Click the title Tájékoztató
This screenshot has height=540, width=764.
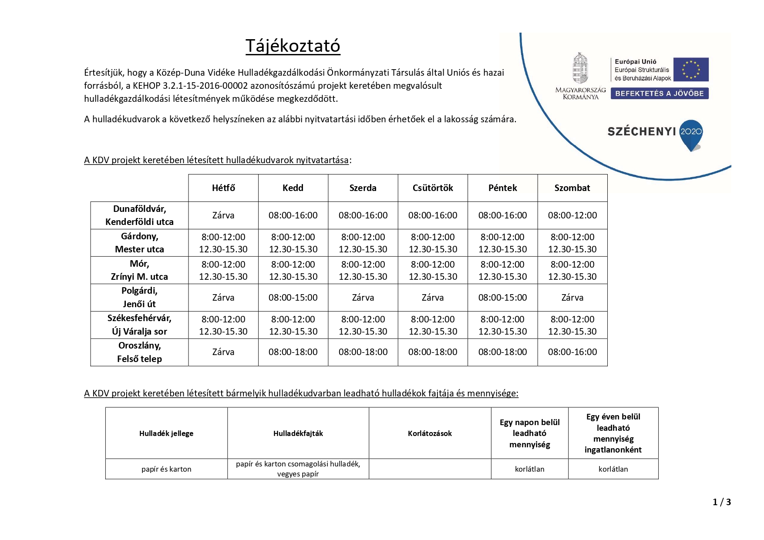[x=293, y=46]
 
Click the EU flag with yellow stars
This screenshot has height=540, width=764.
[x=690, y=70]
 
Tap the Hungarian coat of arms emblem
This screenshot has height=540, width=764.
[x=580, y=68]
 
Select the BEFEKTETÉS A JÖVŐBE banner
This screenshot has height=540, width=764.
[x=659, y=94]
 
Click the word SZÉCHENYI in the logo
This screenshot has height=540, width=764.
[x=641, y=131]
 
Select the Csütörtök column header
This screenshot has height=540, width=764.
[x=433, y=188]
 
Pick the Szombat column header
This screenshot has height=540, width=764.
[x=572, y=188]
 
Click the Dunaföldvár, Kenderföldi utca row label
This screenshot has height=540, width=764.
[x=139, y=215]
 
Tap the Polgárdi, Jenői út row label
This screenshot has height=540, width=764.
[x=139, y=297]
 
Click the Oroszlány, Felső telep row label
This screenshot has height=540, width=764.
[x=139, y=352]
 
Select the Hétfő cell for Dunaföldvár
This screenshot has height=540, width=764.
[x=223, y=215]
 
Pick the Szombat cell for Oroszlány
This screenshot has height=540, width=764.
[x=572, y=352]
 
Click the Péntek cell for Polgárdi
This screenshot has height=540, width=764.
[x=502, y=298]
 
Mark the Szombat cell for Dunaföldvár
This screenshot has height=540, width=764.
[x=572, y=215]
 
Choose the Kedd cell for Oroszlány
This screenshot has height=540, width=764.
[x=293, y=352]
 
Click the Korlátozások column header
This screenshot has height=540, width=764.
[x=430, y=433]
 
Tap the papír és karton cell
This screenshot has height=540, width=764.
[x=166, y=469]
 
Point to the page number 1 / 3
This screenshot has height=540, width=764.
[x=721, y=502]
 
